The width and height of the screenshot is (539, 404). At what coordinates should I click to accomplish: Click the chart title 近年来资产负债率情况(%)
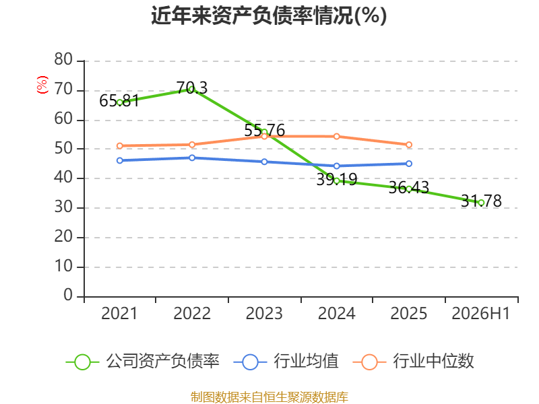[269, 15]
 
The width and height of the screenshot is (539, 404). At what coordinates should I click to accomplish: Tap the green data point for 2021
[120, 102]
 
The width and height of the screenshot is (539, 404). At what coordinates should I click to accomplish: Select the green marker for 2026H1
[481, 203]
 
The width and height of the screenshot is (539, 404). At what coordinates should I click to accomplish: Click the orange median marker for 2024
[336, 137]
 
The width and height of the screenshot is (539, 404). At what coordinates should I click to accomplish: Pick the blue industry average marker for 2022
[192, 158]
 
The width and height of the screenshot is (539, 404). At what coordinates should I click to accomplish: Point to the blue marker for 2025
[409, 164]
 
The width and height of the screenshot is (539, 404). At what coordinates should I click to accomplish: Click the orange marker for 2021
[120, 145]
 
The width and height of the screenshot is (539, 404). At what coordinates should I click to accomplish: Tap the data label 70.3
[192, 88]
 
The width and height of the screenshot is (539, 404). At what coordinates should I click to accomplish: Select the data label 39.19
[336, 179]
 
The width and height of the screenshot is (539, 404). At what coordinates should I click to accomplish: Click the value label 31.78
[481, 201]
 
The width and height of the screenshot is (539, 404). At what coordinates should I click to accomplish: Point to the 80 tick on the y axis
[63, 59]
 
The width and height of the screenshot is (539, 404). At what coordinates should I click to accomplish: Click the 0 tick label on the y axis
[68, 295]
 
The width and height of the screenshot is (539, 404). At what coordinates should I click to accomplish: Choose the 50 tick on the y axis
[63, 148]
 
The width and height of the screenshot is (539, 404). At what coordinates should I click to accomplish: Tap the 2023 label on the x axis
[264, 313]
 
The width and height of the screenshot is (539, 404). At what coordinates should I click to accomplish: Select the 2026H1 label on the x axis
[480, 313]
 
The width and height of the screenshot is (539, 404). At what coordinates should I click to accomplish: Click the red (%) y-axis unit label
[42, 85]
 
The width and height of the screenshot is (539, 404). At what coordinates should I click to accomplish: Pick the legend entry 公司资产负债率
[142, 362]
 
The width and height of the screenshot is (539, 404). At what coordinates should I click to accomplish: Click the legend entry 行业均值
[286, 362]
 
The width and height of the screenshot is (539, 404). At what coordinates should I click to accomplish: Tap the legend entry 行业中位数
[414, 362]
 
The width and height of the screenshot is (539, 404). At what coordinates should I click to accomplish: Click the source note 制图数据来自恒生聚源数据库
[269, 397]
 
